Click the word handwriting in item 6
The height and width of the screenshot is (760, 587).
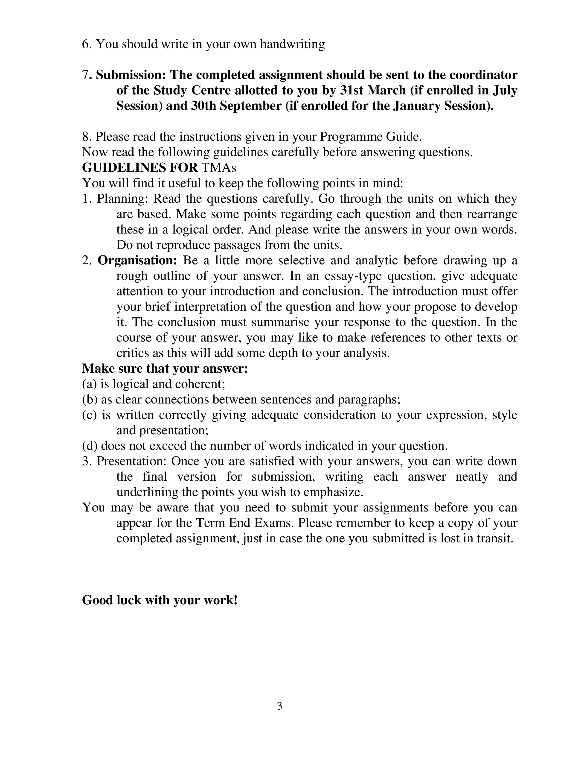[x=292, y=44]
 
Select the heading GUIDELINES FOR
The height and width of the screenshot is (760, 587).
[x=140, y=167]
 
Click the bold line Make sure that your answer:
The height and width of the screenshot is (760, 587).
[x=165, y=368]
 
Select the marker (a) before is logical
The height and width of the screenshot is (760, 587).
[x=89, y=384]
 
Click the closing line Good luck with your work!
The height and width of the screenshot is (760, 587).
[x=160, y=600]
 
